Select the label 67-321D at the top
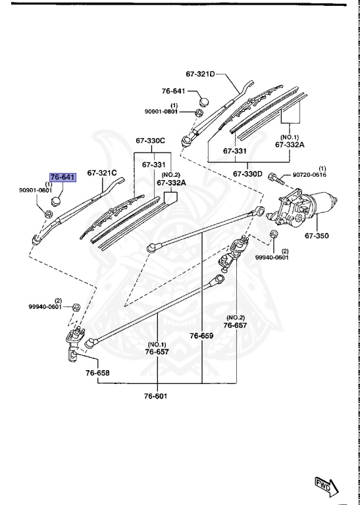click(x=201, y=75)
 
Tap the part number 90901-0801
click(x=162, y=111)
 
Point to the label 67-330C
click(x=151, y=141)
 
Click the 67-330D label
click(x=247, y=174)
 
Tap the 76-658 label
click(x=97, y=372)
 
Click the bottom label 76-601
click(x=158, y=396)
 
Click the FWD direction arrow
click(x=326, y=485)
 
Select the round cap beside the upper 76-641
click(x=203, y=103)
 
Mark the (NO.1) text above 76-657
click(x=157, y=343)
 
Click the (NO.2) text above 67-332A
click(x=167, y=175)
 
